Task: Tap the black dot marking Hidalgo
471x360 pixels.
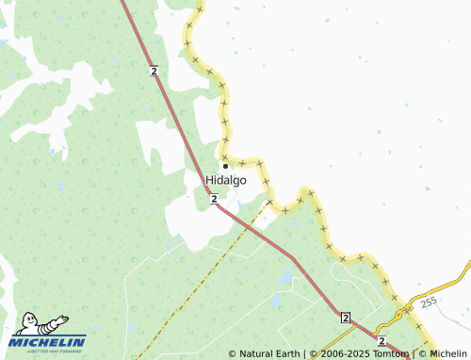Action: click(x=225, y=166)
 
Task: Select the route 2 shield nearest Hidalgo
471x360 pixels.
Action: click(x=215, y=198)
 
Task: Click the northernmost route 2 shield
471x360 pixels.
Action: click(x=153, y=71)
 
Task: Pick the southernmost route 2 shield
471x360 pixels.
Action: click(x=382, y=339)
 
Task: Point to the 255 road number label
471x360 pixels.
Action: click(x=430, y=303)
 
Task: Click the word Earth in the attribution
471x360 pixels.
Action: click(x=288, y=354)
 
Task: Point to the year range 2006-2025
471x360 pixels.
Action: click(x=333, y=354)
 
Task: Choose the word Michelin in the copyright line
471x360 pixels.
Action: click(x=448, y=354)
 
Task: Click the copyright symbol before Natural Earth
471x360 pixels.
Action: click(x=233, y=354)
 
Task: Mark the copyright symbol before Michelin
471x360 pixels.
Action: click(x=423, y=354)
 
